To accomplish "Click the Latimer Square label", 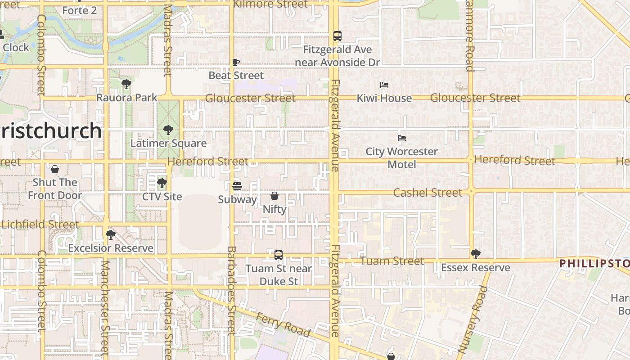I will [x=168, y=144].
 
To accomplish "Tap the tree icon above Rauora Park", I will [x=126, y=84].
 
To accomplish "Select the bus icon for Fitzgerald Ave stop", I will [x=337, y=36].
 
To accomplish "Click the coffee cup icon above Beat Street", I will [x=236, y=62].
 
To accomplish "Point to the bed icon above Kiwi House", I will [x=384, y=85].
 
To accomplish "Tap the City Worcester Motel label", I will [x=401, y=158].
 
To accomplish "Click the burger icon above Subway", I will [x=237, y=186].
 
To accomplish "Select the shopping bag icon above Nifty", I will [x=274, y=196].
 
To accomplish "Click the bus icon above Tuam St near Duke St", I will [x=279, y=255].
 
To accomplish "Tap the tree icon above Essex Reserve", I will [x=475, y=254].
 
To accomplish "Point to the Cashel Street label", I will [x=427, y=193].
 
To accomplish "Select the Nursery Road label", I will [x=472, y=319].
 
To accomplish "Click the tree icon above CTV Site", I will [x=162, y=183].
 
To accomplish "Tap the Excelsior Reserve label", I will [x=111, y=248].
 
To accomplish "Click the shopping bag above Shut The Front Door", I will [x=55, y=169].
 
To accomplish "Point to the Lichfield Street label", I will [x=40, y=224].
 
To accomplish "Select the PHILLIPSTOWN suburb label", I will [x=594, y=263].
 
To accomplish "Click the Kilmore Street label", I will [x=271, y=4].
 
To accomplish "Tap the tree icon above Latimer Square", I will [x=168, y=130].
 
